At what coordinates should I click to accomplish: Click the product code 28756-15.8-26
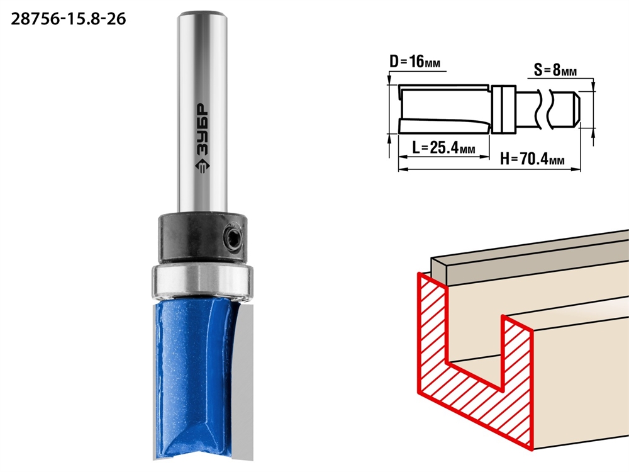pos(68,19)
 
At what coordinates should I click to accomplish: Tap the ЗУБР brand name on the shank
pos(202,130)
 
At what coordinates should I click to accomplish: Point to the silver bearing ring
pos(202,281)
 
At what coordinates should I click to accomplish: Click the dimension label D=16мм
pos(415,62)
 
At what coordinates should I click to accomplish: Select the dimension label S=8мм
pos(555,70)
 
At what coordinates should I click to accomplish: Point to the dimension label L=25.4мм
pos(443,148)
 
